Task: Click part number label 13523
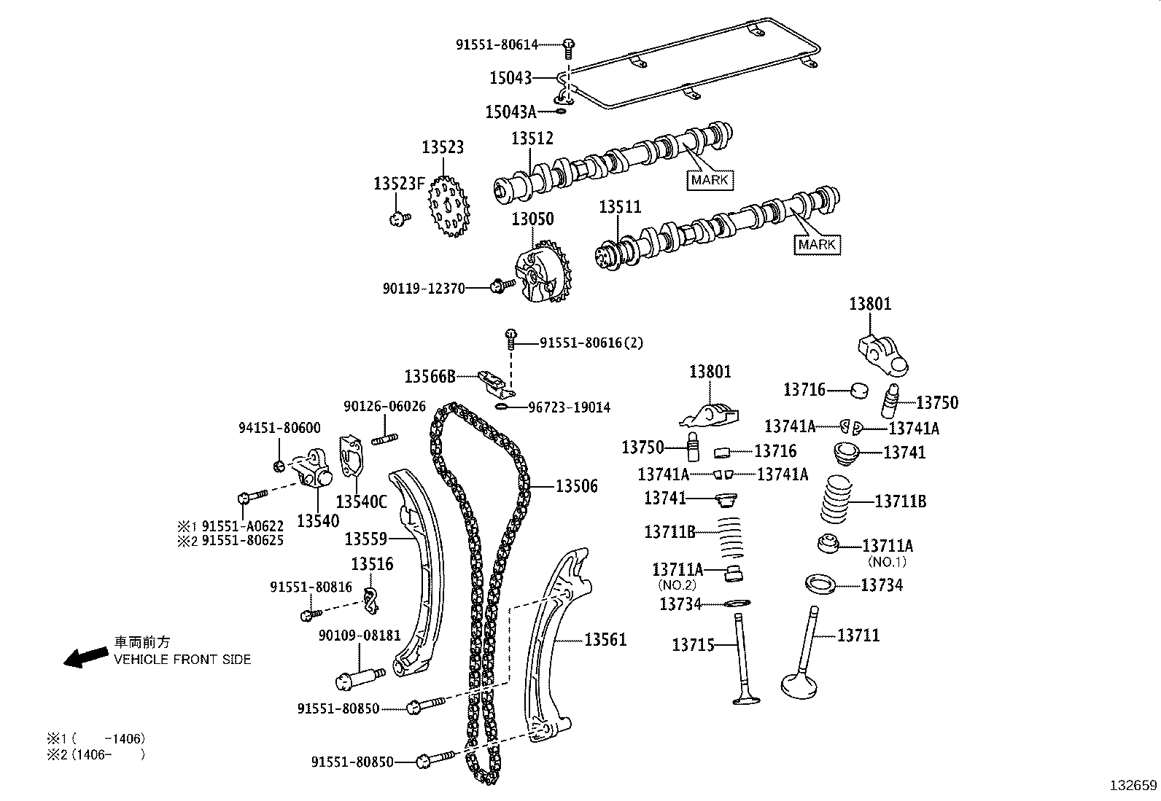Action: pos(442,147)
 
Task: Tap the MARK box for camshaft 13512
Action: pos(710,180)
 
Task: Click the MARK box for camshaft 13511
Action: pos(817,245)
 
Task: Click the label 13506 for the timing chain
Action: pos(576,486)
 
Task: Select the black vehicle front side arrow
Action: pos(84,657)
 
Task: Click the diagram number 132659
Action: pos(1133,786)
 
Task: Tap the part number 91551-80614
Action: pos(497,44)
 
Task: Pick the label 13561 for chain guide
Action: pos(605,640)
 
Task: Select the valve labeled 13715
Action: pos(745,660)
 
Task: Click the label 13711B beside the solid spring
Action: pos(900,501)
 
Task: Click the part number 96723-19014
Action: pos(569,407)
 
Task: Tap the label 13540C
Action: pos(361,502)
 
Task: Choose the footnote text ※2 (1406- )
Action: pos(95,755)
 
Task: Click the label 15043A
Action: pos(510,112)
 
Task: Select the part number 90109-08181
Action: pos(360,636)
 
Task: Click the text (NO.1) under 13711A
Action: pos(886,562)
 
